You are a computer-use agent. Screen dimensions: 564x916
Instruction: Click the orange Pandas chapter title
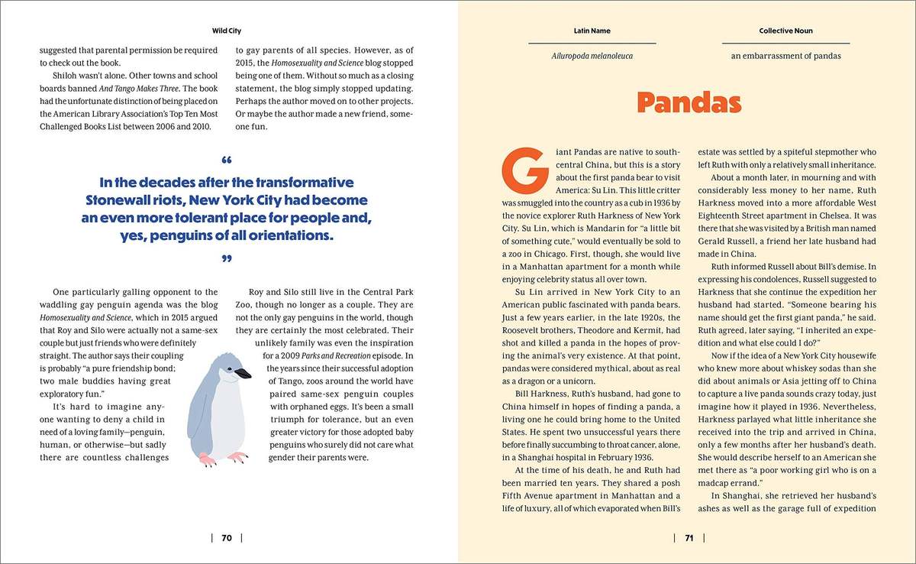point(689,103)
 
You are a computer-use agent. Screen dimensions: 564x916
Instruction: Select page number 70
point(227,537)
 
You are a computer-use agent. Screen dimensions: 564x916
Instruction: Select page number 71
point(688,537)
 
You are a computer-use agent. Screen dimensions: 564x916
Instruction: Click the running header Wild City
point(226,31)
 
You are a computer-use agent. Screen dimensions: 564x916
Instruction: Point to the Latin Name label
point(592,31)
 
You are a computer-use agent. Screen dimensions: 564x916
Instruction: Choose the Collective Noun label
point(785,31)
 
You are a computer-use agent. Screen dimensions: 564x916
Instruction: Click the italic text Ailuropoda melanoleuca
point(592,56)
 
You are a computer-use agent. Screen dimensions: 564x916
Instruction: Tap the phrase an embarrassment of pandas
point(785,56)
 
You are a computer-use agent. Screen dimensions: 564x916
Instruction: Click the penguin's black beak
point(243,374)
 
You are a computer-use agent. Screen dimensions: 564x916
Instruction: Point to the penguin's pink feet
point(221,459)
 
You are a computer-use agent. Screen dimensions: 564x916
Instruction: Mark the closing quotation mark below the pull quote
point(226,260)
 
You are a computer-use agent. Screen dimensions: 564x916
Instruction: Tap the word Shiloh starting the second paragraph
point(66,77)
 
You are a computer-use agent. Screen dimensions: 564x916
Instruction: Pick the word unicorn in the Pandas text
point(602,379)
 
